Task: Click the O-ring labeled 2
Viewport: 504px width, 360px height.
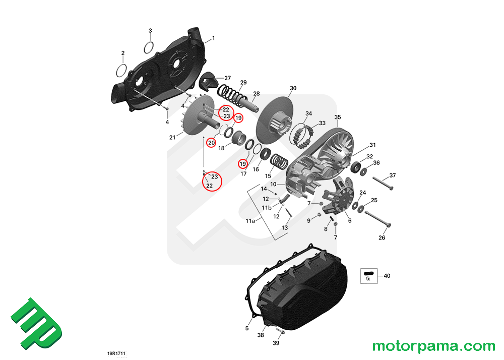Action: tap(121, 69)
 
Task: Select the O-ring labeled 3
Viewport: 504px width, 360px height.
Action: tap(148, 47)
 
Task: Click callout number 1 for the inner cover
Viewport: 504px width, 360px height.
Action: tap(213, 38)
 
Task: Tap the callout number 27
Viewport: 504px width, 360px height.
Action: tap(227, 78)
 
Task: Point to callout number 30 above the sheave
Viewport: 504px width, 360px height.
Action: tap(293, 88)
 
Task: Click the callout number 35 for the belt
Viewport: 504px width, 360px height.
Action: tap(338, 116)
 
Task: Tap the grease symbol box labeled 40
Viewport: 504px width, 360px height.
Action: tap(369, 276)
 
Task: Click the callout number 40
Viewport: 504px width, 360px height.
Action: tap(387, 276)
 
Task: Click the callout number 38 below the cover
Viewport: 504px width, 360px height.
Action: tap(261, 335)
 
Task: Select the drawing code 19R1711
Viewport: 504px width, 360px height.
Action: tap(116, 354)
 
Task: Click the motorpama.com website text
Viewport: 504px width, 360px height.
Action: tap(433, 346)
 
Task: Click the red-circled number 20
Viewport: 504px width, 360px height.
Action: tap(212, 143)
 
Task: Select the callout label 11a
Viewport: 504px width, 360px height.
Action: tap(250, 221)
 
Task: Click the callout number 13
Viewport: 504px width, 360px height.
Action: tap(285, 228)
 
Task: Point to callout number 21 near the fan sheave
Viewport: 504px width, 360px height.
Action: tap(172, 137)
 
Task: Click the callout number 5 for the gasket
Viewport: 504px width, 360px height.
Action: tap(247, 328)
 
